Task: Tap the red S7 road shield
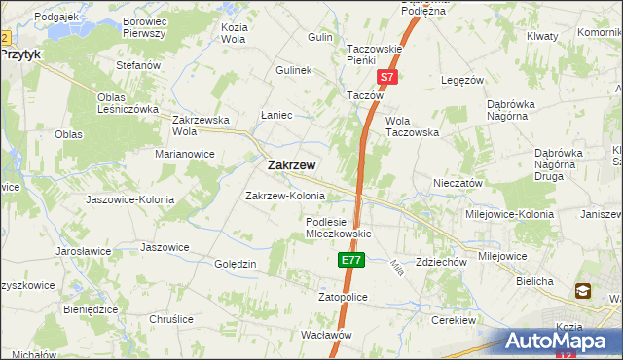point(386,76)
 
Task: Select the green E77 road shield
point(351,261)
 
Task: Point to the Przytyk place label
point(20,55)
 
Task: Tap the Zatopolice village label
point(342,297)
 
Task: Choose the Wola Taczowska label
point(412,126)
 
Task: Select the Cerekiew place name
point(454,320)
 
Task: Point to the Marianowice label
point(184,153)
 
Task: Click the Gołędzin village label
point(234,265)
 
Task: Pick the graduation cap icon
point(583,290)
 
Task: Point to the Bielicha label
point(535,281)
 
